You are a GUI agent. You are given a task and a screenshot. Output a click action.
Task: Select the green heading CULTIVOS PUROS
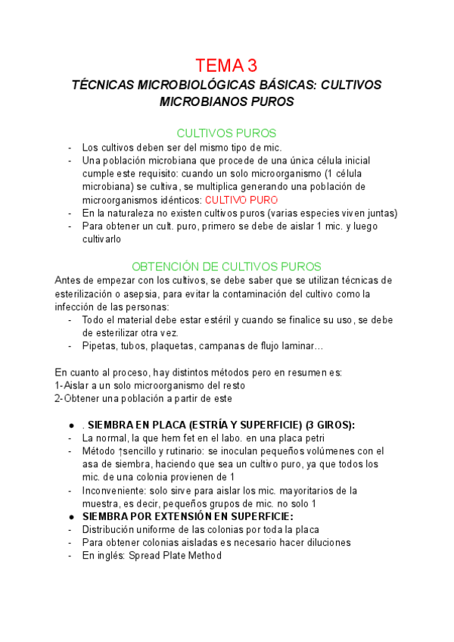[x=226, y=132]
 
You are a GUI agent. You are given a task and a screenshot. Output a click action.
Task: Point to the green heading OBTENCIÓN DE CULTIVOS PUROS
[x=226, y=266]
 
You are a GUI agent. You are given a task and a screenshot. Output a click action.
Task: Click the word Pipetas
[x=100, y=346]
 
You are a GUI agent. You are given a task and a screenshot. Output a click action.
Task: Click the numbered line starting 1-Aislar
[x=150, y=385]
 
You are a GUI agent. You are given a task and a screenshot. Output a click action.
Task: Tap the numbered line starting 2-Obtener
[x=144, y=398]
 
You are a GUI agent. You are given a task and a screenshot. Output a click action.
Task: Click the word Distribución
[x=110, y=530]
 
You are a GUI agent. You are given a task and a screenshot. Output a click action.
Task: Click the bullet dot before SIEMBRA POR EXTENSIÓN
[x=70, y=517]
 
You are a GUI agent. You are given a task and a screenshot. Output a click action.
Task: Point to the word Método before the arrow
[x=101, y=451]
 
